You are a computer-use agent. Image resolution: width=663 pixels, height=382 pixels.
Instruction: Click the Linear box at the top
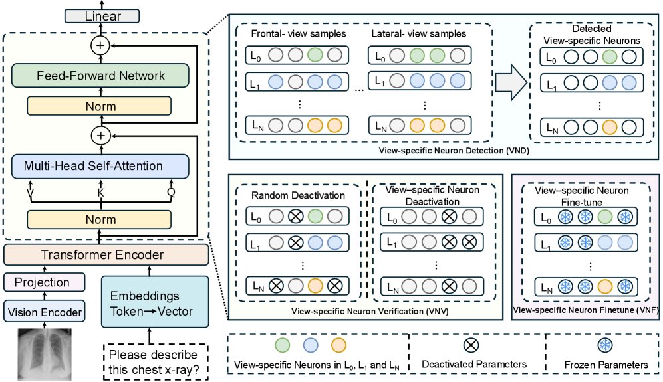102,16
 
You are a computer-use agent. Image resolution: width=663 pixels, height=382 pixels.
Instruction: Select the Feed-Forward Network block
100,76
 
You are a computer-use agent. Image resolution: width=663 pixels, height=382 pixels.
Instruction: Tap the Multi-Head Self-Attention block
100,166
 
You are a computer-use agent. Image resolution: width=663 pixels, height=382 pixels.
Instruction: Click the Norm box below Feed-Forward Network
99,106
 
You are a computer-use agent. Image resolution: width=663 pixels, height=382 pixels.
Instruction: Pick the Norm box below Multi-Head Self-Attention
99,219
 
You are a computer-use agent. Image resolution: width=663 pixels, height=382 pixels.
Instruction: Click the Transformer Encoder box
106,255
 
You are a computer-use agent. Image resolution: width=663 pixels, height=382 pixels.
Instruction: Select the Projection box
45,282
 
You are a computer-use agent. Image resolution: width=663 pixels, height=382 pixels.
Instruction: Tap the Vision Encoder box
45,312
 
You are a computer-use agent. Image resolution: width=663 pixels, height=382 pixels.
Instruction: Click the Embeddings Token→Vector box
155,302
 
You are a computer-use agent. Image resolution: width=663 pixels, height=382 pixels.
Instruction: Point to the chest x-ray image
45,355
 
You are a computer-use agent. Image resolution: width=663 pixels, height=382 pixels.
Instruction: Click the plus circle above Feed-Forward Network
100,45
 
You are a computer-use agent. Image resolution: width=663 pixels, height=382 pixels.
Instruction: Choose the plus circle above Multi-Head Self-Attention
100,136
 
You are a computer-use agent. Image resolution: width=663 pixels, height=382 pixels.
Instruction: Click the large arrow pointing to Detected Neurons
511,82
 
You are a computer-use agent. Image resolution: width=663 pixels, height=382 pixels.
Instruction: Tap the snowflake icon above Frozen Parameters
605,345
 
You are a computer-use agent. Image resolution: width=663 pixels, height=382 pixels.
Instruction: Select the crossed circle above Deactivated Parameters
471,345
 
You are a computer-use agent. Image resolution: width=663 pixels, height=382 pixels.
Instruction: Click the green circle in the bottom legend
282,345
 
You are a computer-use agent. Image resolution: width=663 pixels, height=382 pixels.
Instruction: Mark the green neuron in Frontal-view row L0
315,55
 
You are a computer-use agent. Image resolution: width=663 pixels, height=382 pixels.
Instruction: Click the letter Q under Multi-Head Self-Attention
171,193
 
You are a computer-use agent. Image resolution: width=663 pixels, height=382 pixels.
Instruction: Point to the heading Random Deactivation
298,195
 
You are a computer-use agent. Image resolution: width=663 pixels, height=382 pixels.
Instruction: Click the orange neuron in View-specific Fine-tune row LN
605,286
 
